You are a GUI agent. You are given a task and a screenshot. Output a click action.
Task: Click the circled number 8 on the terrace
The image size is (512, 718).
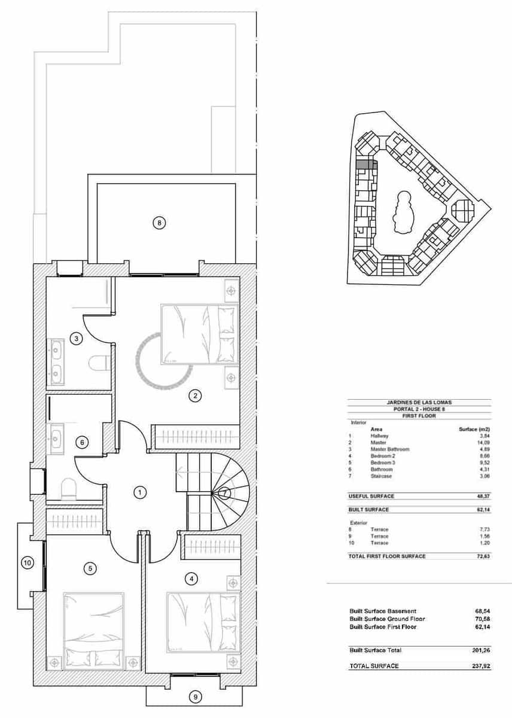click(159, 223)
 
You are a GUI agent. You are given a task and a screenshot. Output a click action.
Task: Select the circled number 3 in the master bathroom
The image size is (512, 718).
click(75, 339)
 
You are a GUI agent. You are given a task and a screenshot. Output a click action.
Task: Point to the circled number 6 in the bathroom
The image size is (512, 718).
click(83, 443)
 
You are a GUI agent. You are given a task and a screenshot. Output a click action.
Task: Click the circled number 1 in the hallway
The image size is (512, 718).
click(139, 492)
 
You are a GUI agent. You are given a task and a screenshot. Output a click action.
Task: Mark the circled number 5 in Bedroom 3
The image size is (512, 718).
click(90, 568)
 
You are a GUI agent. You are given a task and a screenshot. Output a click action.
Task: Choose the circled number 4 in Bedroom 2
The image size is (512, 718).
click(191, 579)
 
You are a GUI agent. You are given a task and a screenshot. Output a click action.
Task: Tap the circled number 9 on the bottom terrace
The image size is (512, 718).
click(194, 696)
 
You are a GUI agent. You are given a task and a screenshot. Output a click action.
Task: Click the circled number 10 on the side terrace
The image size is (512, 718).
click(27, 562)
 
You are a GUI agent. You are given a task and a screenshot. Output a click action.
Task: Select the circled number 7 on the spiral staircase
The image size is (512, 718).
click(224, 493)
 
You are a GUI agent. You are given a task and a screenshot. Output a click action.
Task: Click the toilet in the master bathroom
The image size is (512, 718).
click(97, 363)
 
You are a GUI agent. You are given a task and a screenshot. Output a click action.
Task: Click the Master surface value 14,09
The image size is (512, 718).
click(483, 443)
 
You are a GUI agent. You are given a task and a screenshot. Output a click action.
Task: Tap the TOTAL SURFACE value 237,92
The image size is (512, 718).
click(480, 665)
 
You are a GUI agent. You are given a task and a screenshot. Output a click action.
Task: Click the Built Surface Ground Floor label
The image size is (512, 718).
click(387, 619)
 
